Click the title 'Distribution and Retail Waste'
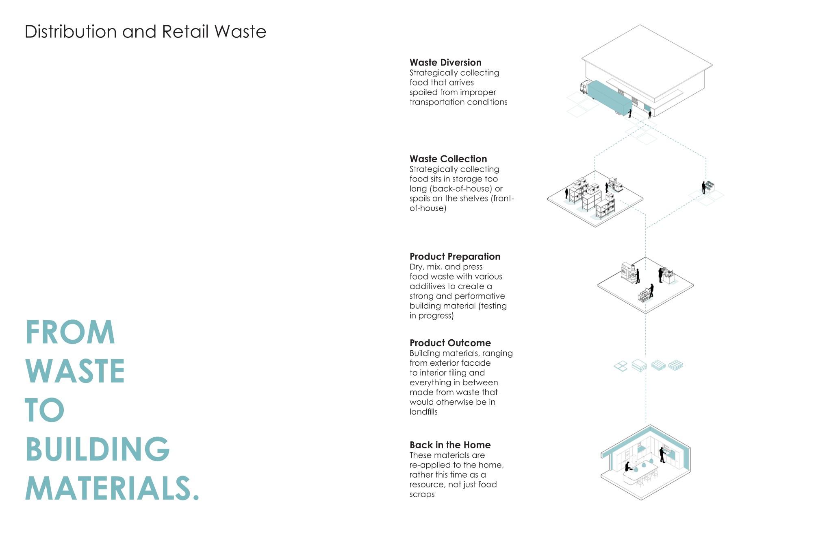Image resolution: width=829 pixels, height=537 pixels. point(145,32)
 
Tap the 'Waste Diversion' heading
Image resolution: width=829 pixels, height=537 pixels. point(445,63)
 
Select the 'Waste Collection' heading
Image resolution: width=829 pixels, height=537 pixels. point(448,159)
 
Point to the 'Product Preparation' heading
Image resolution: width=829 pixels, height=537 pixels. point(455,257)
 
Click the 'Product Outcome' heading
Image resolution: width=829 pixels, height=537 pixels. point(450,343)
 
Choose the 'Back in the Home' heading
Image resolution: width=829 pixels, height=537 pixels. point(450,445)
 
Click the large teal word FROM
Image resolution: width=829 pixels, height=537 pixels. point(70,332)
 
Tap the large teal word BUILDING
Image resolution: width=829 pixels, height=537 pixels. point(98,449)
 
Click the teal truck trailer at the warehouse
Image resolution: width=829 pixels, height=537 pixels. point(610,97)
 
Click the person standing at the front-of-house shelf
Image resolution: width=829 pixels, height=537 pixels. point(703,188)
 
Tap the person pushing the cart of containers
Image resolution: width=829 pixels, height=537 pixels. point(651,290)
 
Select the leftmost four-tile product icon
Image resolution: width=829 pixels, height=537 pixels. point(621,367)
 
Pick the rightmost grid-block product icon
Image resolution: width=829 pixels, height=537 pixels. point(675,365)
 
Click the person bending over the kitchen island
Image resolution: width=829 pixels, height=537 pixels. point(628,467)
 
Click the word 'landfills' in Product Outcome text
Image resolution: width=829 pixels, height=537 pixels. point(423,412)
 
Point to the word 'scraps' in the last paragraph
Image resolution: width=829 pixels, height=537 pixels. point(422,495)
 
